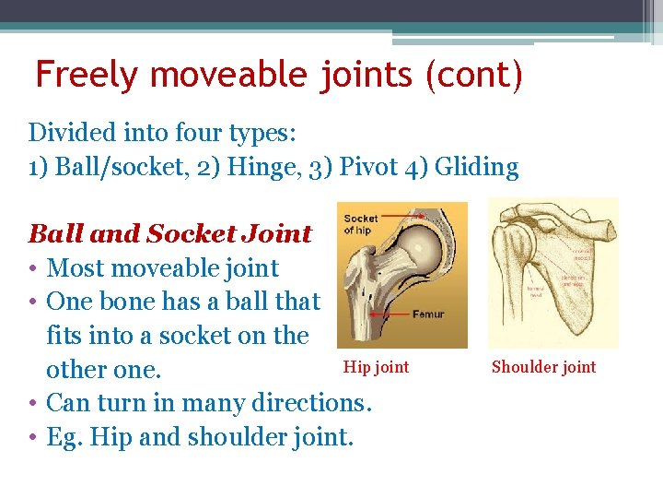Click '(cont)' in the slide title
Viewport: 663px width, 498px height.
(x=473, y=74)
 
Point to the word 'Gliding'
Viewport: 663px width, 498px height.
(x=476, y=167)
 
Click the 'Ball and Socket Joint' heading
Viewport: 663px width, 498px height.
(x=170, y=234)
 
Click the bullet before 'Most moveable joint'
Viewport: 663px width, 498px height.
(x=33, y=269)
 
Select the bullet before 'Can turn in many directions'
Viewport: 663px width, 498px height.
(x=33, y=404)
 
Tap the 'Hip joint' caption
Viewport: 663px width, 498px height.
(x=376, y=367)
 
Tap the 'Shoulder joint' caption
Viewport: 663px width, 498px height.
(x=543, y=367)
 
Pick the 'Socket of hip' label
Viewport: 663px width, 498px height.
(x=360, y=224)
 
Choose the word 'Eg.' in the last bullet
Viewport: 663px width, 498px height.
(x=65, y=437)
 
